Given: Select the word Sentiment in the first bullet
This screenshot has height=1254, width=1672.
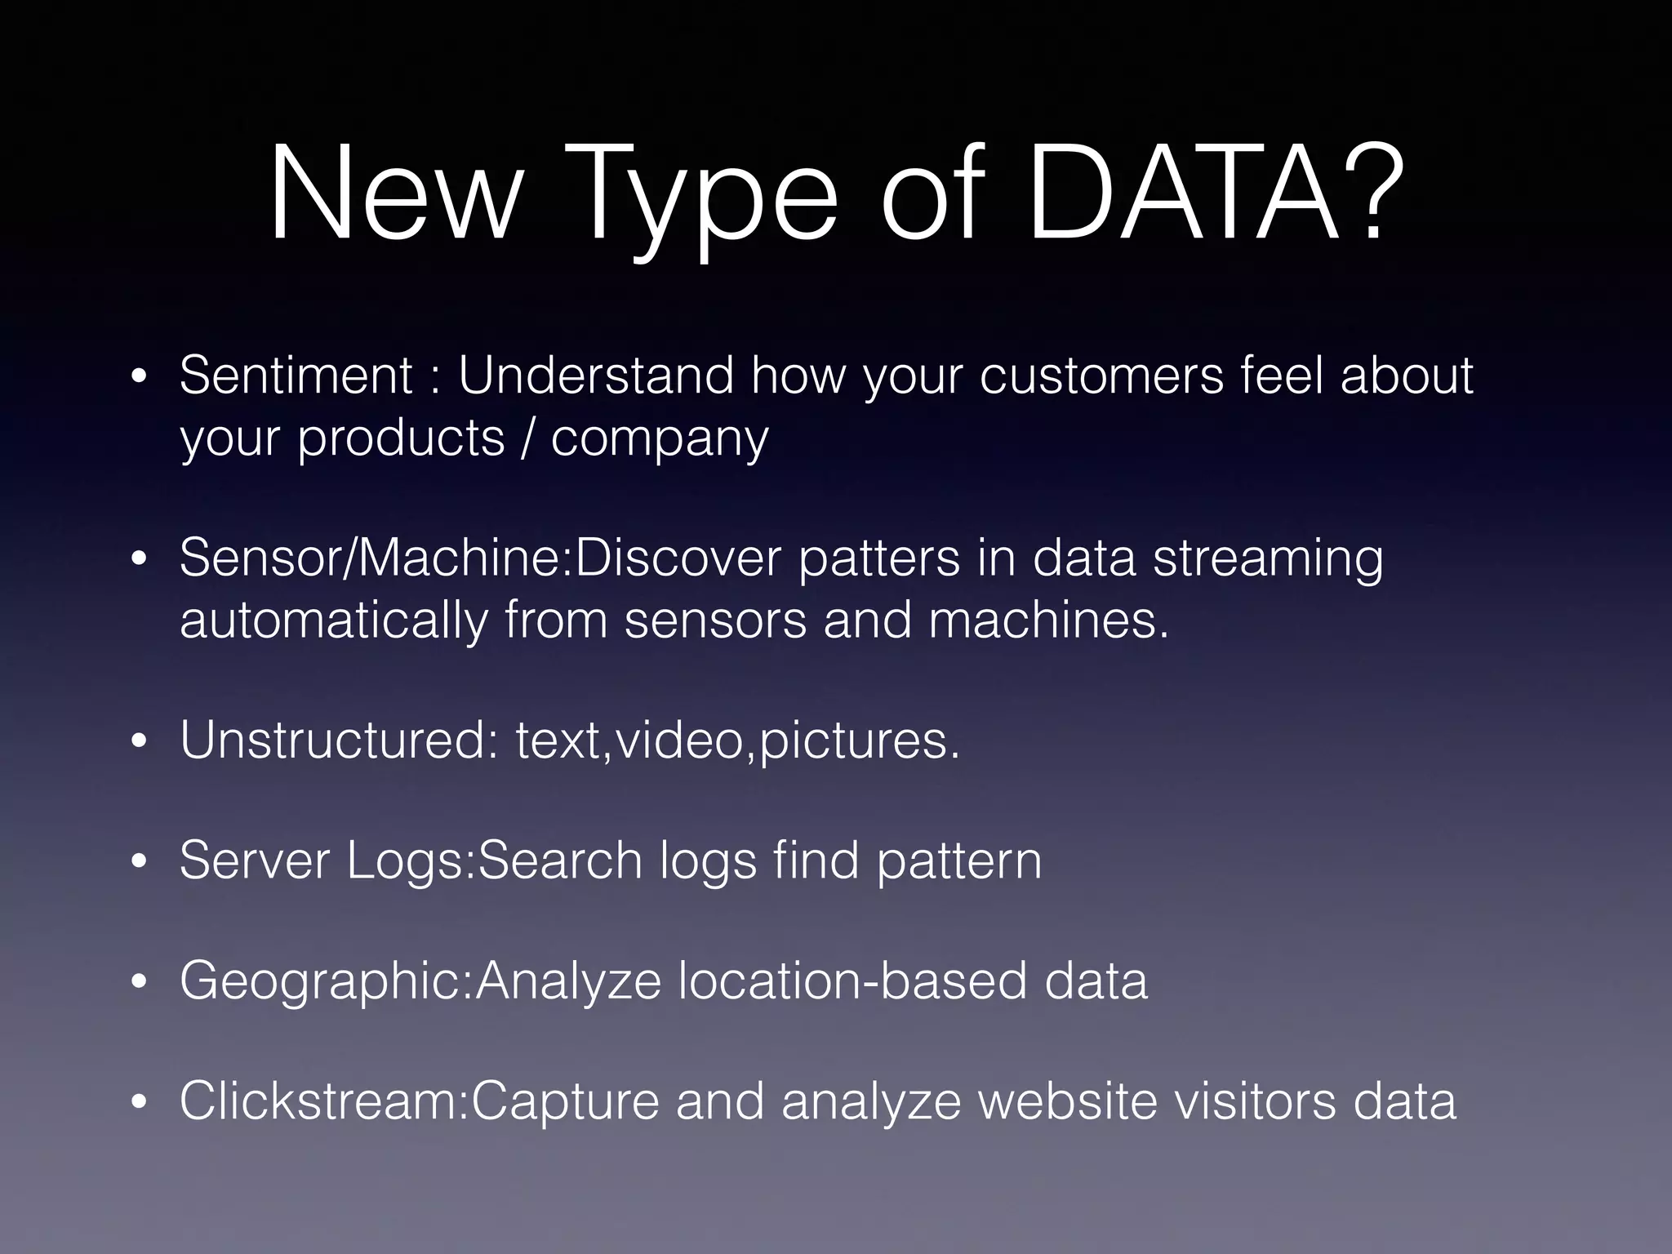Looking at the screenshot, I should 296,376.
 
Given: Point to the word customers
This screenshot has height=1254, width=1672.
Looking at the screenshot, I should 1101,376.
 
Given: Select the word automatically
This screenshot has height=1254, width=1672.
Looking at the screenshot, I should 333,621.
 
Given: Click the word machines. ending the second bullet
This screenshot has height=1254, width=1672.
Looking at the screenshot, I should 1049,620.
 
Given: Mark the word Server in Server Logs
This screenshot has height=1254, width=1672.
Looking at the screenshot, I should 254,860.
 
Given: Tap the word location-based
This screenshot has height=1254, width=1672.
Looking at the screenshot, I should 852,981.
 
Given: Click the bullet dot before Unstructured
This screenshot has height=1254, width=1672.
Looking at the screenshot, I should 140,743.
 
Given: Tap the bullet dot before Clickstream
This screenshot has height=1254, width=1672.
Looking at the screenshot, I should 140,1103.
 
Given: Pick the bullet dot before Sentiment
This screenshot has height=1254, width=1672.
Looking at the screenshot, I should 140,378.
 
